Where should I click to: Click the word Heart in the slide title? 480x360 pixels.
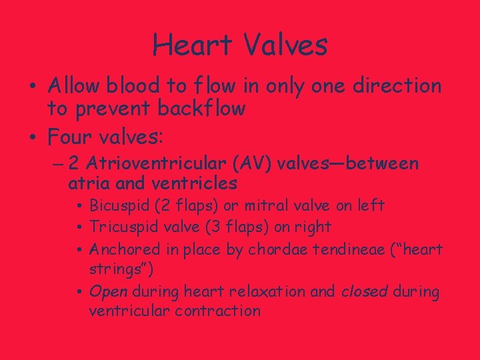coord(192,45)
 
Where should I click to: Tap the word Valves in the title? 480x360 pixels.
coord(285,45)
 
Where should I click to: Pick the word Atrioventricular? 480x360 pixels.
coord(173,163)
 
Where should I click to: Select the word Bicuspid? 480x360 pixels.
coord(121,206)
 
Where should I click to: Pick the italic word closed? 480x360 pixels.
coord(372,291)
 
